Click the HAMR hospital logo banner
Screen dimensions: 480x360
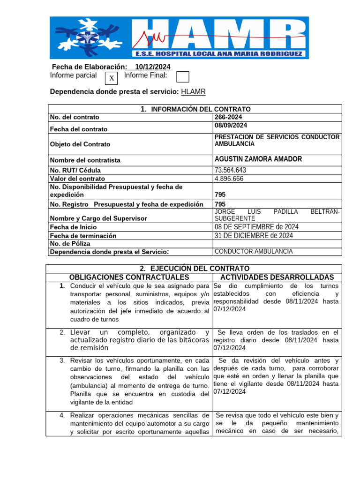(x=180, y=37)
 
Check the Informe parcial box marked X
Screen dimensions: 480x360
(x=111, y=78)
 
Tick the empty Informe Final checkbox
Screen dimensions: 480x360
(x=182, y=77)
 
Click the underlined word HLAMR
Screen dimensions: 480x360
(x=193, y=92)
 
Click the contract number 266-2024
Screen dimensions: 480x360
(x=229, y=117)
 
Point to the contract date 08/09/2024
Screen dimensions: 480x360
(x=231, y=126)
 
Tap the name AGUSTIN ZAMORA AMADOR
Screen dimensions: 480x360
(x=258, y=159)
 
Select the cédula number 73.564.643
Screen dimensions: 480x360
(x=230, y=170)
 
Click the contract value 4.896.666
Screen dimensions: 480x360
(x=229, y=179)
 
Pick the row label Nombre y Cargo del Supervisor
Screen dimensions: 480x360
(x=98, y=218)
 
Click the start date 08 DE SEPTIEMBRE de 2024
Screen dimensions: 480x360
(x=256, y=227)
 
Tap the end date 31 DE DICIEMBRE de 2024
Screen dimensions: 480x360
(x=254, y=236)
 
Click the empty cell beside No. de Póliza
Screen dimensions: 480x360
(x=277, y=244)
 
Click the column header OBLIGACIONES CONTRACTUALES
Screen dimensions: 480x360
(x=129, y=277)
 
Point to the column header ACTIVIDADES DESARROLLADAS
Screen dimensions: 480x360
(x=277, y=277)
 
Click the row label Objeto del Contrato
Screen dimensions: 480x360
(x=80, y=144)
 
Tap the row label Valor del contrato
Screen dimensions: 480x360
(x=77, y=179)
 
